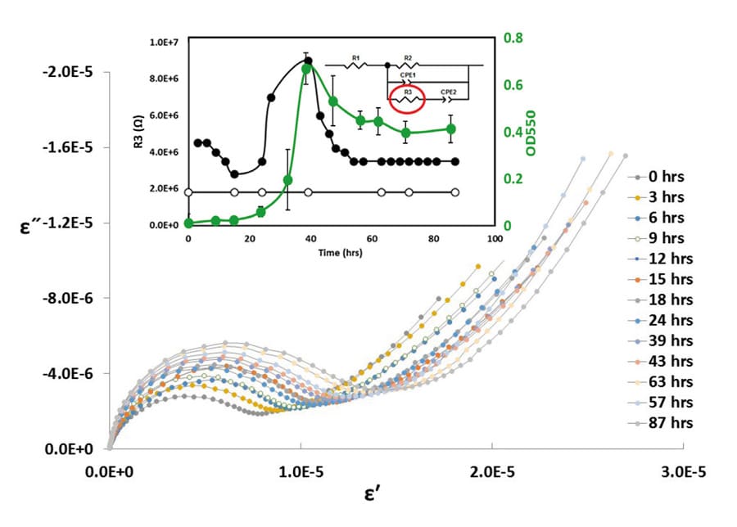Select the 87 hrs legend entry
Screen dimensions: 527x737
pyautogui.click(x=664, y=423)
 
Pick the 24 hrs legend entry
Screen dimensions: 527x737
pyautogui.click(x=664, y=320)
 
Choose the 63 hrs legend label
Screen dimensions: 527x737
pyautogui.click(x=664, y=382)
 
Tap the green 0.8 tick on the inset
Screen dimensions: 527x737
pyautogui.click(x=513, y=38)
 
